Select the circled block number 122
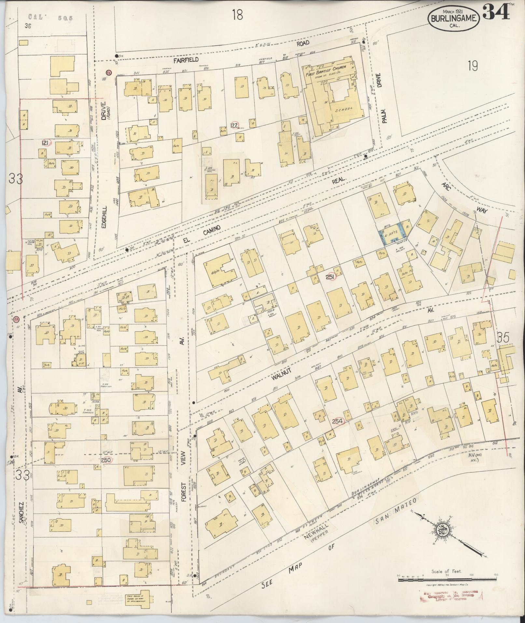coord(234,125)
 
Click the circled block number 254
coord(338,421)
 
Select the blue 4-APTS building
coord(393,233)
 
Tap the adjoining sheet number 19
coord(473,66)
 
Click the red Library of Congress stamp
coord(451,595)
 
